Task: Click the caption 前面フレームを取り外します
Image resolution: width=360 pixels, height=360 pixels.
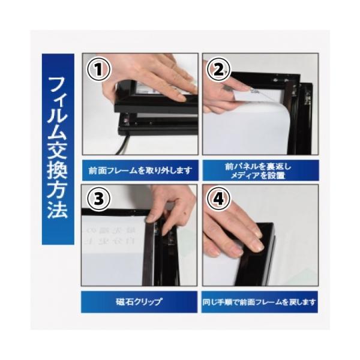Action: tap(139, 170)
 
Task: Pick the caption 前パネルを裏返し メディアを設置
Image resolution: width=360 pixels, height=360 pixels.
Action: tap(260, 170)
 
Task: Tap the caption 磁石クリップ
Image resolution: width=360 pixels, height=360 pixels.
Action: tap(139, 301)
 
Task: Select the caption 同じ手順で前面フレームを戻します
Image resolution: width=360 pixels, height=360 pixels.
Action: tap(260, 301)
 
